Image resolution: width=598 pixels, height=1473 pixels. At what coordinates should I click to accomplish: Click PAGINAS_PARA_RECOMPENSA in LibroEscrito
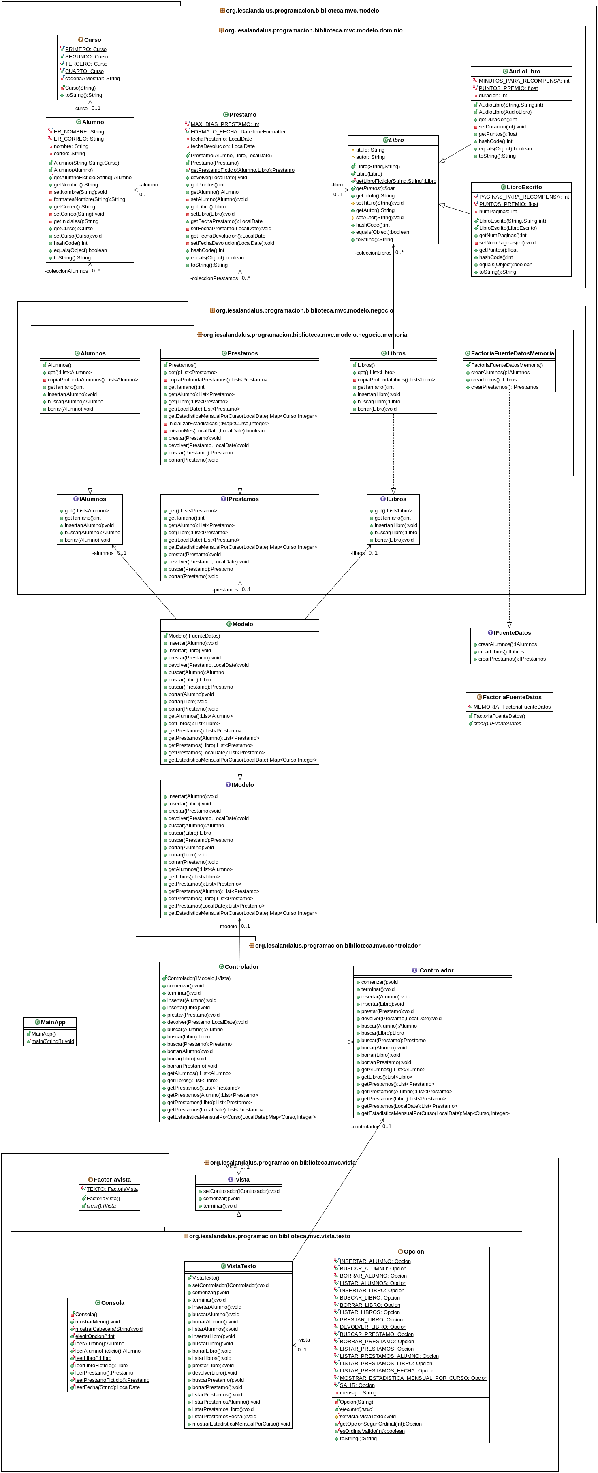pos(524,197)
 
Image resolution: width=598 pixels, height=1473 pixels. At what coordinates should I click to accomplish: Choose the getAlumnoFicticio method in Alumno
pos(92,177)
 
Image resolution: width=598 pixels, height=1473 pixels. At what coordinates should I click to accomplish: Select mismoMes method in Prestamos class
pos(216,430)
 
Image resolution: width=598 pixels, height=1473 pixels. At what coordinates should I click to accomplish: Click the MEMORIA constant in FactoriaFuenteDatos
pos(512,707)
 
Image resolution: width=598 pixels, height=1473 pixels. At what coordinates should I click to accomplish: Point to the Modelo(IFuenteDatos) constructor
pos(194,636)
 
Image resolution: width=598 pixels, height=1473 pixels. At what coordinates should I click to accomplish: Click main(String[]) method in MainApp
pos(53,1041)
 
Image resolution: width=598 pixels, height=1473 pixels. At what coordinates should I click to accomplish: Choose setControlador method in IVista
pos(241,1191)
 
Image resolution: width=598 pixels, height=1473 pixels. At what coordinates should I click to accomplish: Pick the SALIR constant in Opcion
pos(357,1385)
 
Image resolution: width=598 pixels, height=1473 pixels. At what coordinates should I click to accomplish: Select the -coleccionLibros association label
pos(373,253)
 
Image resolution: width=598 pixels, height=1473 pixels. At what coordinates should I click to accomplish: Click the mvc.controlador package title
pos(337,946)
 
